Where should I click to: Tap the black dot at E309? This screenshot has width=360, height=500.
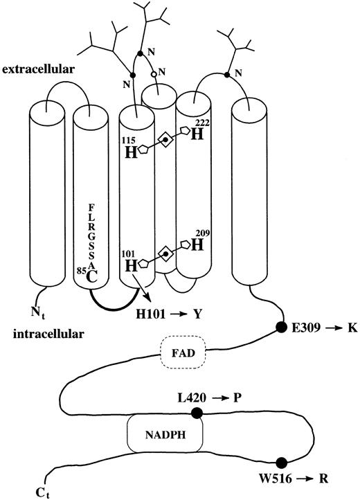(x=282, y=327)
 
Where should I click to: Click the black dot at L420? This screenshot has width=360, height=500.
(x=197, y=413)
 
